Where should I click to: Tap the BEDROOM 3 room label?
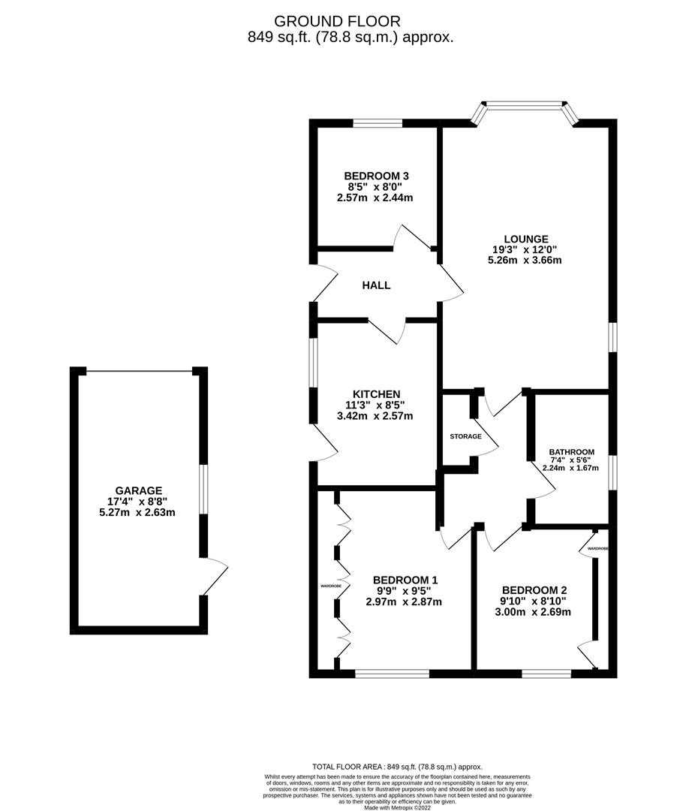point(376,176)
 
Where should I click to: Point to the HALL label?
point(376,285)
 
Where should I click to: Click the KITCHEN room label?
point(376,394)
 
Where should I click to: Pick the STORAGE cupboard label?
point(465,436)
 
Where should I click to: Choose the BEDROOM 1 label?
point(405,580)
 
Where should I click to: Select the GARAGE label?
point(138,491)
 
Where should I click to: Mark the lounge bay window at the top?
point(525,105)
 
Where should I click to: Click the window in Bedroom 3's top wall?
point(378,124)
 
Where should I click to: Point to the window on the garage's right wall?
point(202,490)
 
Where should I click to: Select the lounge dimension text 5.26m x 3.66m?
point(525,261)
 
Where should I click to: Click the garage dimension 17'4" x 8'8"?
point(138,502)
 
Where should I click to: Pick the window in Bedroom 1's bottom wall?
point(392,674)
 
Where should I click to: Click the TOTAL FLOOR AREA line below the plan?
point(397,767)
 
